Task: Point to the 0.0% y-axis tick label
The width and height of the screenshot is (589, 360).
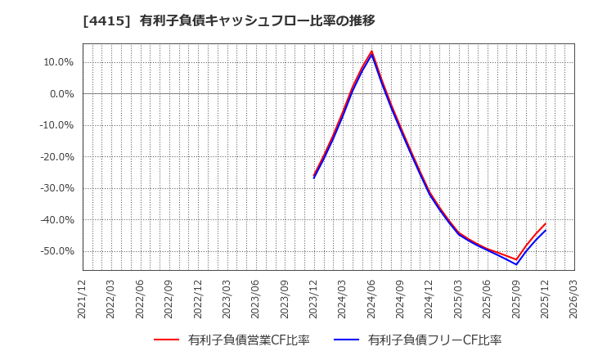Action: point(60,94)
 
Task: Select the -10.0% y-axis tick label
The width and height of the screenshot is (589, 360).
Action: point(56,125)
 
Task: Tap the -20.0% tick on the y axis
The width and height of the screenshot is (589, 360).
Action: point(56,157)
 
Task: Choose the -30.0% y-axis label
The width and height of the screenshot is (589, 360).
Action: point(56,188)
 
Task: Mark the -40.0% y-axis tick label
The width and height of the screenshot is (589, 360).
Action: point(56,220)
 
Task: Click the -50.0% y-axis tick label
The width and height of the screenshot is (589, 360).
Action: point(56,251)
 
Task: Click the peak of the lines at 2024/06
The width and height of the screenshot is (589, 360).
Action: point(371,52)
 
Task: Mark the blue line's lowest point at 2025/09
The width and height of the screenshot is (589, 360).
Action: point(516,264)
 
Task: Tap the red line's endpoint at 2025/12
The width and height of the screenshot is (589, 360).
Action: point(546,223)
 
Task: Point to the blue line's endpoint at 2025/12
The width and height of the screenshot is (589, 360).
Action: point(546,230)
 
